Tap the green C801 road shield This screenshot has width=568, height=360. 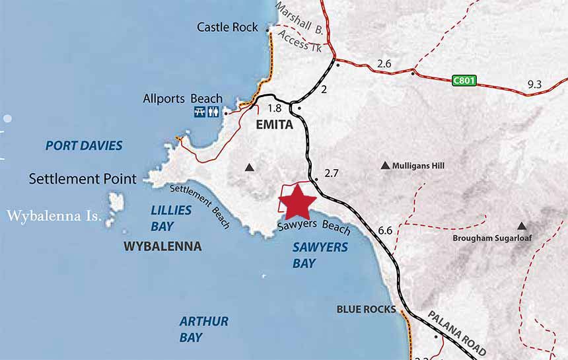[464, 81]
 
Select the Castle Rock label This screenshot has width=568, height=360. [227, 27]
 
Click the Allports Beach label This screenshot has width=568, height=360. [183, 99]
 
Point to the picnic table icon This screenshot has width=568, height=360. [200, 112]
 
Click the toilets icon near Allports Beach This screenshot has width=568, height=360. [213, 112]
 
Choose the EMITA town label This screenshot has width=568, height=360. [273, 124]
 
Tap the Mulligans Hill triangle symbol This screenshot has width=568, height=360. [385, 165]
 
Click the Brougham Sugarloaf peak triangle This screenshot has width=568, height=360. [522, 225]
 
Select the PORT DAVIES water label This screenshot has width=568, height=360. [84, 145]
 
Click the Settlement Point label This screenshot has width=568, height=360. [83, 178]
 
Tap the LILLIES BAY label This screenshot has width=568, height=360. [171, 218]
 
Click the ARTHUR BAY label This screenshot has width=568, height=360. [203, 329]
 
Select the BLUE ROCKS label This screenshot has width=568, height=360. [366, 309]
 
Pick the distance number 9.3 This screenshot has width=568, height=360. [534, 84]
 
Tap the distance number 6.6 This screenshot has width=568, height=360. [386, 231]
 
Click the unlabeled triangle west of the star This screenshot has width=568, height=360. [249, 168]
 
